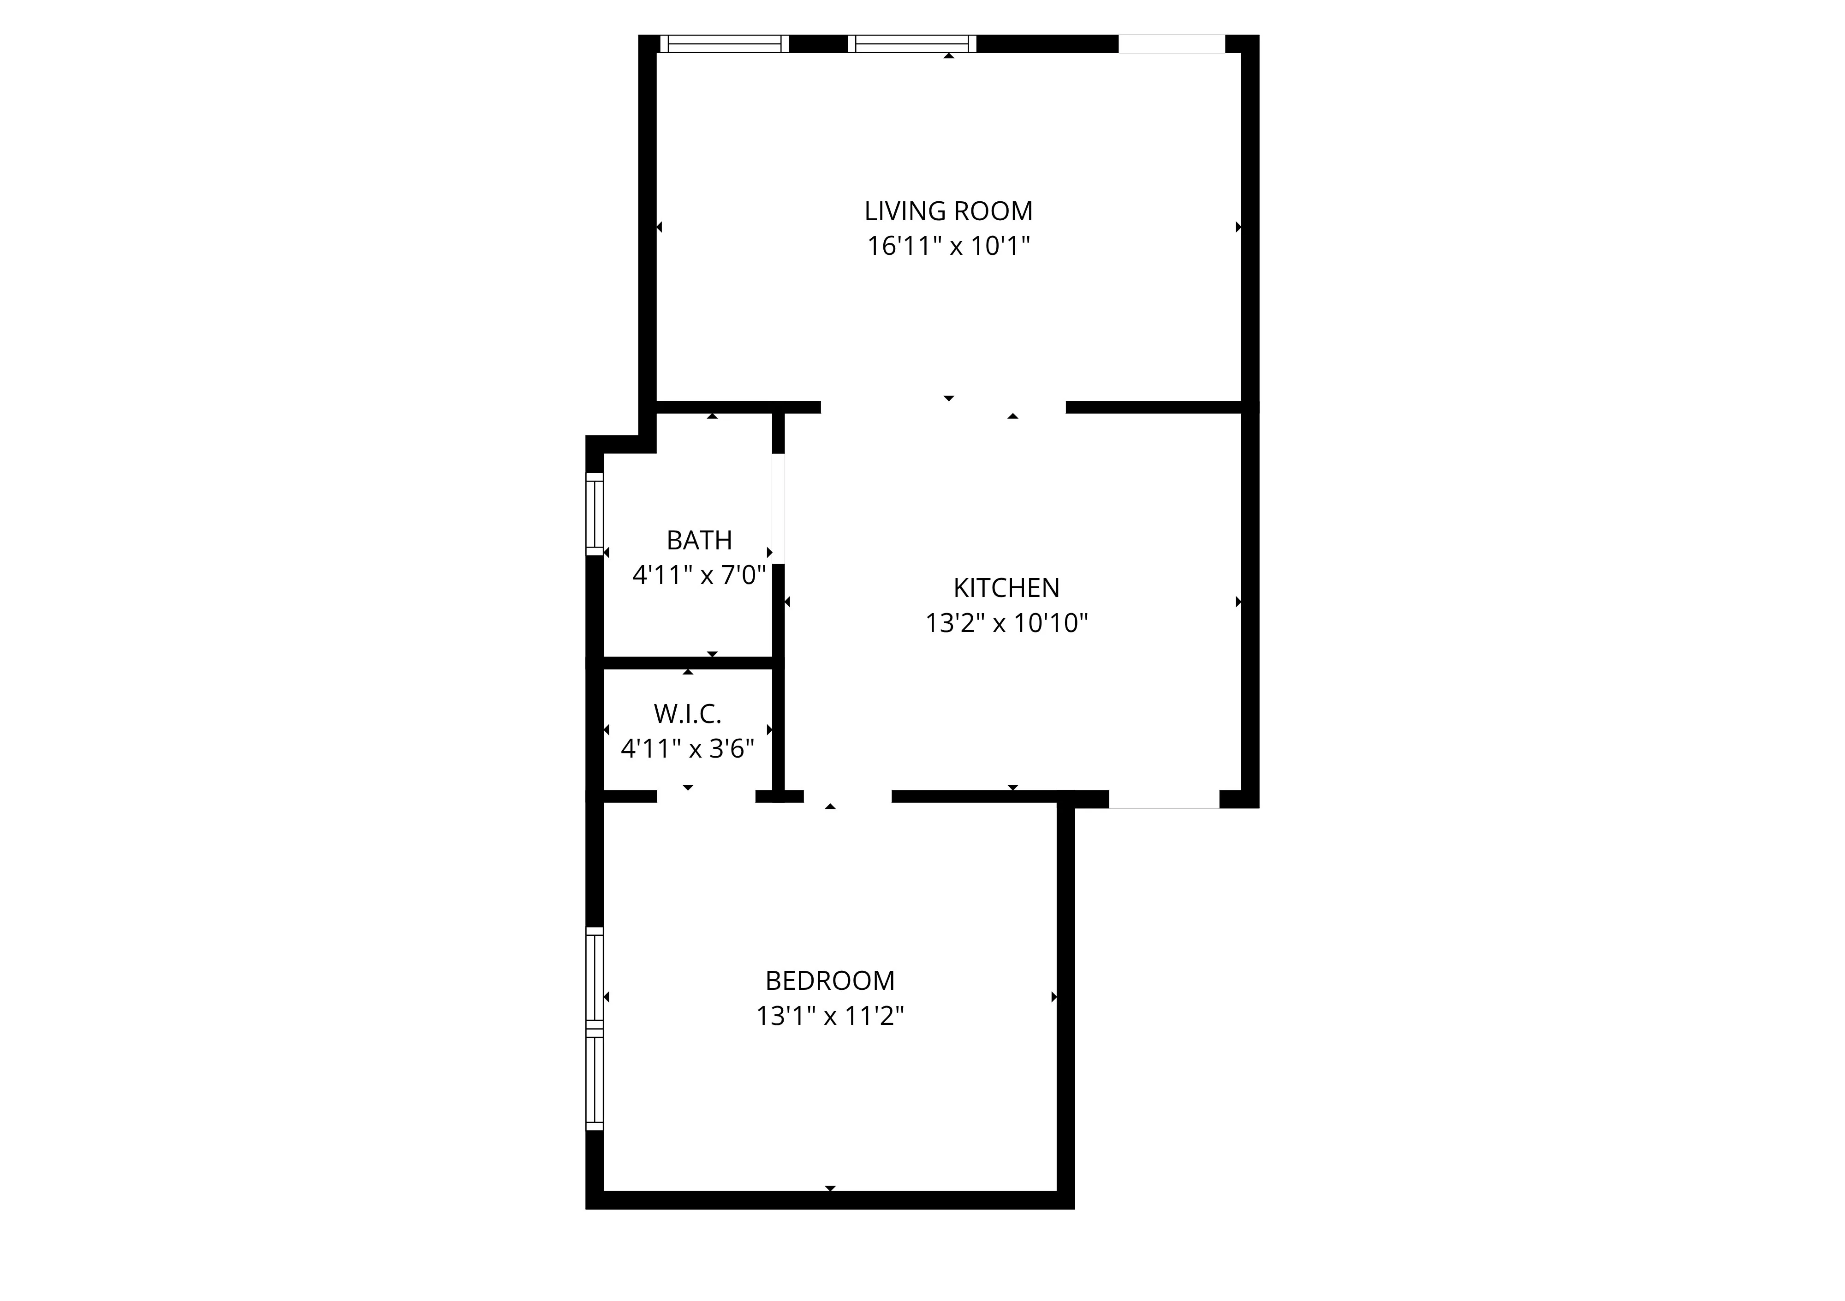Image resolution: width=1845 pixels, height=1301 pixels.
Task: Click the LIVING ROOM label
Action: coord(948,211)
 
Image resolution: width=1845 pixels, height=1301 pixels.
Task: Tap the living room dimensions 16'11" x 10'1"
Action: coord(948,245)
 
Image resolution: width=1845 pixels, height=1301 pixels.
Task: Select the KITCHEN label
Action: coord(1006,588)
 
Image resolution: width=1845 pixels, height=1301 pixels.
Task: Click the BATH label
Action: coord(699,540)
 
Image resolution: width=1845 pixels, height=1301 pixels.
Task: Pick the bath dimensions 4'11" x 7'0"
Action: coord(699,575)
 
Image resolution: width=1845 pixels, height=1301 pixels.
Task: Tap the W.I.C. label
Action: coord(687,713)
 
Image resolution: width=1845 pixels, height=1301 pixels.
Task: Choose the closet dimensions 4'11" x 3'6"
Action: coord(687,748)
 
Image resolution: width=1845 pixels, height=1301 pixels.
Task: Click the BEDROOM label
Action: coord(829,980)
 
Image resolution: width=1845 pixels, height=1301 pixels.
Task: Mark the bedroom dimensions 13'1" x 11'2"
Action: coord(829,1016)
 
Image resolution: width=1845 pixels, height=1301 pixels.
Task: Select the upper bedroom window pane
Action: coord(594,976)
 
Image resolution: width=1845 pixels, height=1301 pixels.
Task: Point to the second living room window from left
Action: coord(911,43)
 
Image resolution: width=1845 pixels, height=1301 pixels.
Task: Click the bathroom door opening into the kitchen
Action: coord(778,509)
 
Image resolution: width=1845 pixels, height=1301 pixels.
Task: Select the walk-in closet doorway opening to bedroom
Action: coord(706,796)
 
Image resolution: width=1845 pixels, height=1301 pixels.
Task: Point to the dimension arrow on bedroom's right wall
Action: coord(1053,997)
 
